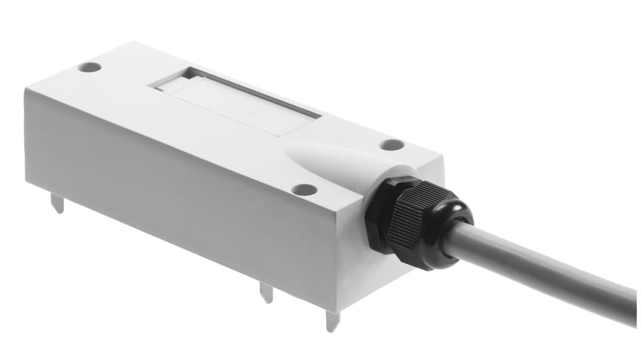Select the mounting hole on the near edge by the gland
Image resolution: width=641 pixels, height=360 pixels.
tap(304, 189)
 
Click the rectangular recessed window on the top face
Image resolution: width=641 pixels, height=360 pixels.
tap(237, 100)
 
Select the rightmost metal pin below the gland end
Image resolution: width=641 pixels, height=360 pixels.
tap(332, 320)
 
